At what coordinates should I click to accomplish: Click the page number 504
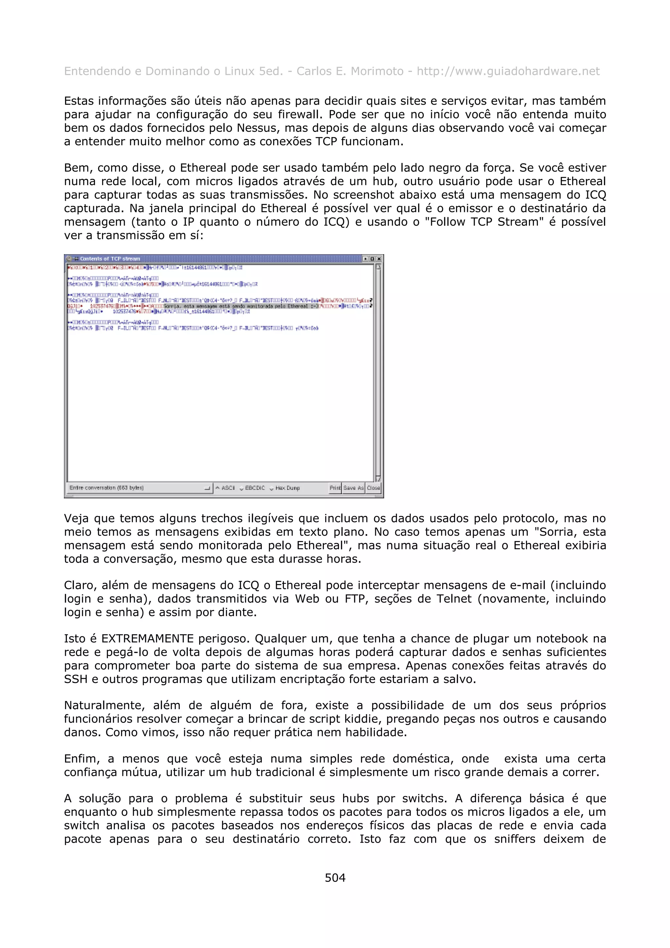pos(335,877)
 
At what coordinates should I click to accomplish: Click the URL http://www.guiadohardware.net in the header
pos(508,71)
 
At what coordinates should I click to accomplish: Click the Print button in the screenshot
pos(335,488)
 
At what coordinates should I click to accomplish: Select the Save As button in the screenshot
pos(353,488)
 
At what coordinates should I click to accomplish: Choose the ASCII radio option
pos(225,488)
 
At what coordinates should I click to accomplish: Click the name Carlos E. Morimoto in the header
pos(350,71)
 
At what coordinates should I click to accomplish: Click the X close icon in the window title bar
pos(379,259)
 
